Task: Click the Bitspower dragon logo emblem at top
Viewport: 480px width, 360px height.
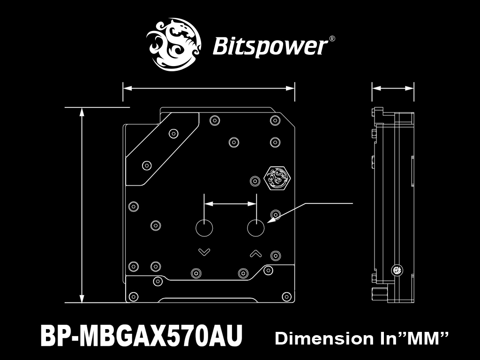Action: (173, 45)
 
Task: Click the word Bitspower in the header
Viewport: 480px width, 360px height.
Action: (270, 47)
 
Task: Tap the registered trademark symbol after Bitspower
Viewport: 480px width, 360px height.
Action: (332, 39)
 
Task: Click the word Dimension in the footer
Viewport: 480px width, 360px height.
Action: (324, 338)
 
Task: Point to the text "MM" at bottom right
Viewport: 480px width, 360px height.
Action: (422, 338)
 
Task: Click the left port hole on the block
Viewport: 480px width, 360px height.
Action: (204, 228)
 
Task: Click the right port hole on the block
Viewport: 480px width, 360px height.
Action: (256, 228)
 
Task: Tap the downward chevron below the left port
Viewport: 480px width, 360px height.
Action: (204, 252)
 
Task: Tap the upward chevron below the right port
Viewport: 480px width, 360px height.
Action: (256, 253)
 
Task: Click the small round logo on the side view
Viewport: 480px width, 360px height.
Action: (397, 270)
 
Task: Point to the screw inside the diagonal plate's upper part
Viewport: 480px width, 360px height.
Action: (173, 134)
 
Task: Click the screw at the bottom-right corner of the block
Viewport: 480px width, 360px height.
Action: (286, 296)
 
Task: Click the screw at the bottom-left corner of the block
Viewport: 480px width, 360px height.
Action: (134, 296)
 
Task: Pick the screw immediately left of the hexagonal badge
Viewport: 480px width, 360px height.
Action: (255, 181)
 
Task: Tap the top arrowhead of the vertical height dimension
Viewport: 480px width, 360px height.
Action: (82, 112)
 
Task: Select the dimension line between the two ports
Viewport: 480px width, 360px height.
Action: (230, 203)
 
